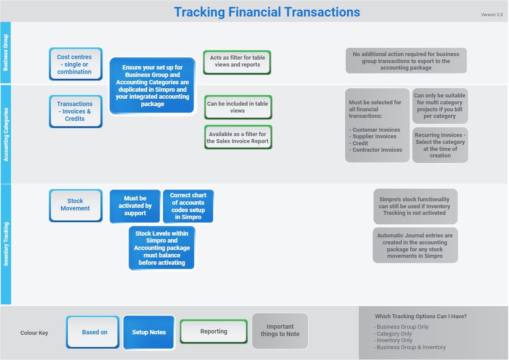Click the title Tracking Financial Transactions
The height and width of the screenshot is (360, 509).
point(267,12)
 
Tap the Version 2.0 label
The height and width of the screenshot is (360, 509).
point(492,15)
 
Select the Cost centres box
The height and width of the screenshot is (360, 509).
point(75,64)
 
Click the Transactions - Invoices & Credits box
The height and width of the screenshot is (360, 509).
point(75,111)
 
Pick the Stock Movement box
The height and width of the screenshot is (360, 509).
point(75,205)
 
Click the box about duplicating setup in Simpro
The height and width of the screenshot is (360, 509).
point(152,86)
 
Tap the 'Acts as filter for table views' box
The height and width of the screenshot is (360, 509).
point(237,61)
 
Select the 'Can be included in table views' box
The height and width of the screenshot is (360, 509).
point(238,107)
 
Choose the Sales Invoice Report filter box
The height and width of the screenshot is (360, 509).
point(238,137)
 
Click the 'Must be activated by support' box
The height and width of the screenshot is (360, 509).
point(135,206)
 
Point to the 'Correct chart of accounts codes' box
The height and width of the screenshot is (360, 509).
point(188,206)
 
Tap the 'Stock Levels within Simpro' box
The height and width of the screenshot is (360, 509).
point(162,248)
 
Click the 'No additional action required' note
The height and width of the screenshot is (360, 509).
point(406,61)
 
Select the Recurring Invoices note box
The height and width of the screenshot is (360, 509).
point(440,145)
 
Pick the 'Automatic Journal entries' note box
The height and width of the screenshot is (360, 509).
point(415,246)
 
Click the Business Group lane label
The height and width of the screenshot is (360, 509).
point(6,53)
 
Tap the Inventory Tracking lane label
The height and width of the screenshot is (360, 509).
point(6,244)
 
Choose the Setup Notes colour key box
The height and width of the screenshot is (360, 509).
point(149,332)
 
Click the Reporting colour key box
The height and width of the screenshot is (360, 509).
point(213,331)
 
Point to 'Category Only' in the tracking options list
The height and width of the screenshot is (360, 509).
point(394,334)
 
